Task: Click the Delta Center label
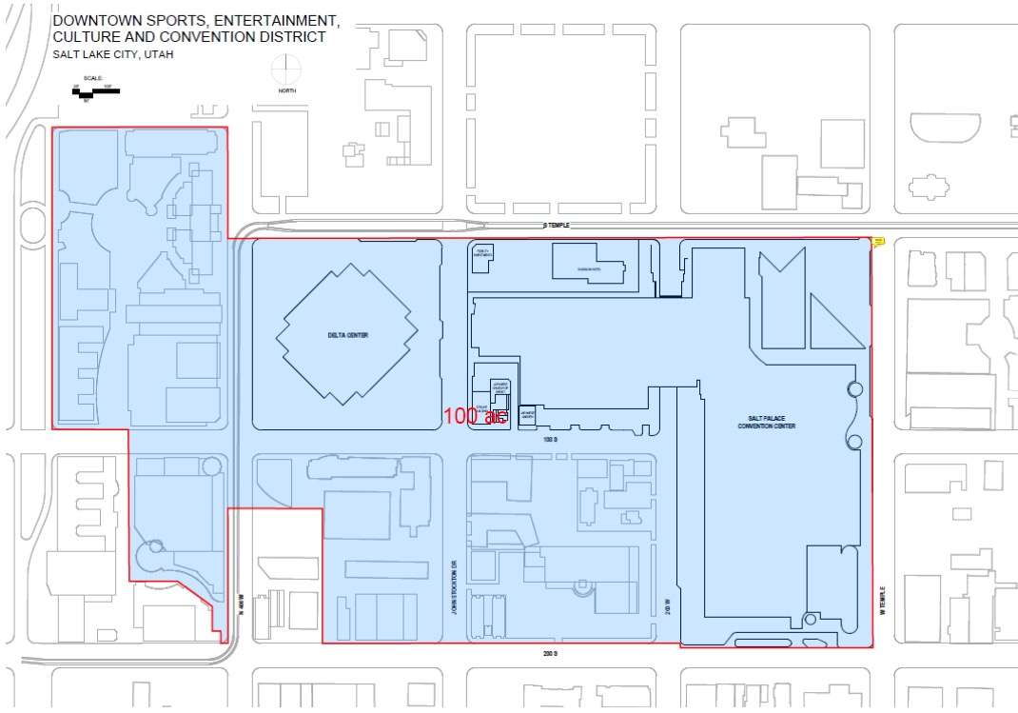[346, 335]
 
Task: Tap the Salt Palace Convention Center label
[766, 423]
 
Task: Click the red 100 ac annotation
[474, 416]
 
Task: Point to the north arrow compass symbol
[284, 69]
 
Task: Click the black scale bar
[95, 92]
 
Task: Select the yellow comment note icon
[878, 242]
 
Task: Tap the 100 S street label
[549, 441]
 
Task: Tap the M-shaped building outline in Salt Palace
[782, 272]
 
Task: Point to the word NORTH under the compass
[286, 90]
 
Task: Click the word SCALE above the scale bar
[92, 79]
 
